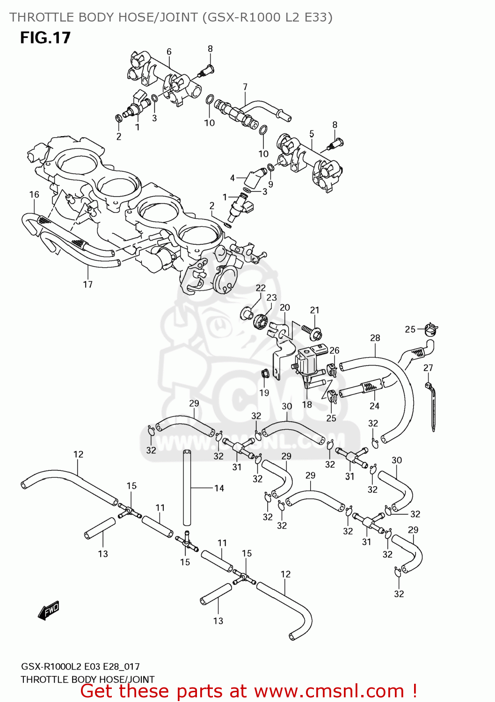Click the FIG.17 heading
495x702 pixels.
tap(45, 37)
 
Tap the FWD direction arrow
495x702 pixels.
tap(49, 610)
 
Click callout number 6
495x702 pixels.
tap(169, 51)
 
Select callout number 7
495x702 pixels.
tap(245, 87)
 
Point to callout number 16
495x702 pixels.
tap(34, 194)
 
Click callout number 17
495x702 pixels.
tap(88, 284)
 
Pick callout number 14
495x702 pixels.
tap(219, 488)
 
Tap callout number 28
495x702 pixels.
tap(375, 338)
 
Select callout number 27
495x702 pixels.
tap(428, 368)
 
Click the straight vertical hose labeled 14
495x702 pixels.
tap(187, 487)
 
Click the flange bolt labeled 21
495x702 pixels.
tap(313, 331)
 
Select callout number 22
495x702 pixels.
tap(261, 288)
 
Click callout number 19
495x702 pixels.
tap(264, 393)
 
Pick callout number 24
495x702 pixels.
tap(374, 406)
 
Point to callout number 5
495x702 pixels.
tap(312, 134)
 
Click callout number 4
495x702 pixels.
tap(233, 178)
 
